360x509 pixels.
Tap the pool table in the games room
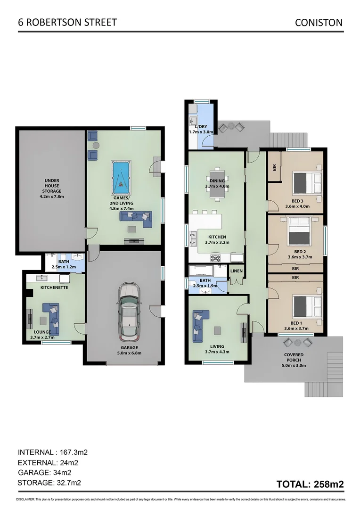pos(122,177)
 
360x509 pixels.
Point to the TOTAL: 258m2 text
pos(310,484)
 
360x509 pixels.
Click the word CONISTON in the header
pos(319,22)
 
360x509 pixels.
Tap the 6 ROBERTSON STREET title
pos(67,22)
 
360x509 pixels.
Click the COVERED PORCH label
pos(294,358)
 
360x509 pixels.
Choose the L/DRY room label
pos(201,127)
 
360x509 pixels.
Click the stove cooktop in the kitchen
pos(216,258)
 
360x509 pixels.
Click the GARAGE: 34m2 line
pos(44,473)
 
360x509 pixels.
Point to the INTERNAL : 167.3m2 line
pos(53,452)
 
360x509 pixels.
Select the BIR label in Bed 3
pos(274,167)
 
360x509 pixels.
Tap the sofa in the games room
pos(136,217)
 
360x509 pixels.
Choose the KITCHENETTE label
pos(54,287)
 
